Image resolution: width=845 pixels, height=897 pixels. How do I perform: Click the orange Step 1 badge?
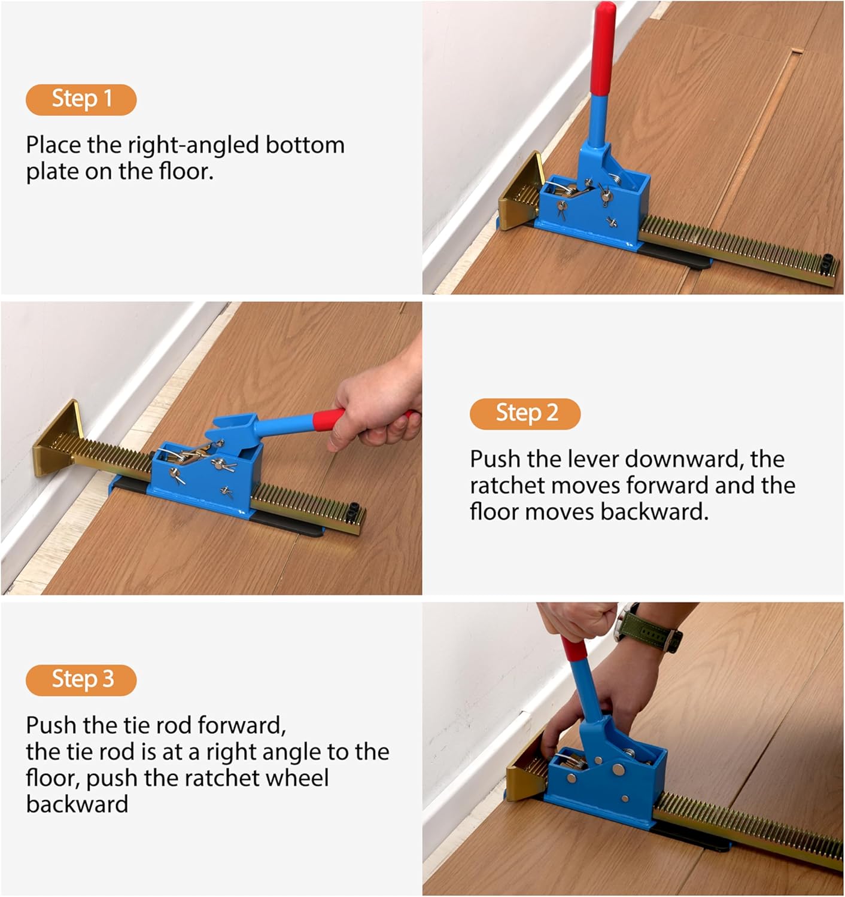[x=81, y=99]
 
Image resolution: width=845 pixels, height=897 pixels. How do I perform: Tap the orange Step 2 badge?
[x=525, y=413]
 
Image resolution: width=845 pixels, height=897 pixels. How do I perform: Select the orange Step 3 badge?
[x=81, y=679]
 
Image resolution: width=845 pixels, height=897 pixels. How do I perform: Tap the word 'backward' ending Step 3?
[x=77, y=804]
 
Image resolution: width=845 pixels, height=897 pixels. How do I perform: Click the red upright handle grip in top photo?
[x=603, y=48]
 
